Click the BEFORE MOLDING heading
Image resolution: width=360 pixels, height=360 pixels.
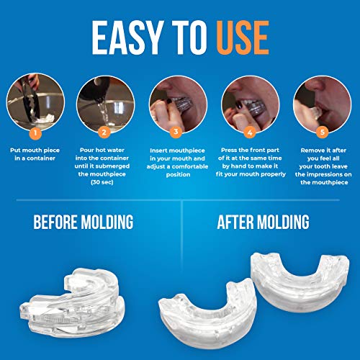(x=84, y=221)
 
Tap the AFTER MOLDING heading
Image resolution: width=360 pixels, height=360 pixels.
(x=268, y=221)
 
